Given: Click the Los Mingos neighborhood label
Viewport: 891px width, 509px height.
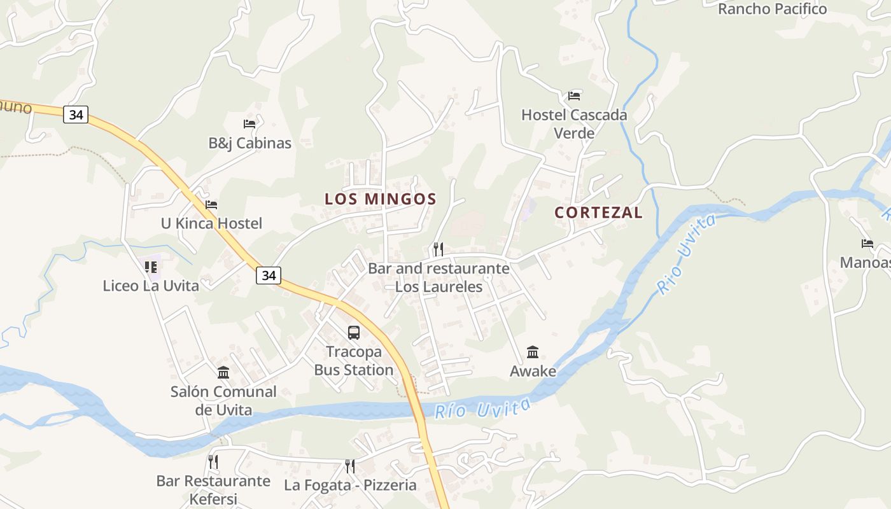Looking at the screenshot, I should coord(381,199).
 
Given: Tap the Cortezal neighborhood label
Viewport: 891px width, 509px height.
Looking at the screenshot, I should coord(598,213).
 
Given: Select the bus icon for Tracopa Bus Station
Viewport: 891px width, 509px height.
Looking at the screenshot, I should coord(354,332).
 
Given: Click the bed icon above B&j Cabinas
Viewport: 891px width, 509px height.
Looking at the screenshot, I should coord(249,124).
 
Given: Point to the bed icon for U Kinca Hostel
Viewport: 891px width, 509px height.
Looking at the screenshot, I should coord(211,205).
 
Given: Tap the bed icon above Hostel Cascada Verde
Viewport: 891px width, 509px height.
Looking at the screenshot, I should coord(574,96).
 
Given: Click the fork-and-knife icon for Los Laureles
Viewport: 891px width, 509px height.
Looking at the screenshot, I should coord(438,249).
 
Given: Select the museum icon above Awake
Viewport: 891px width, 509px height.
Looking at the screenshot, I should coord(533,352).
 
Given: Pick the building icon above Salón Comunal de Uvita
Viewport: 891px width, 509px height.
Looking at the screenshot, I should coord(223,372).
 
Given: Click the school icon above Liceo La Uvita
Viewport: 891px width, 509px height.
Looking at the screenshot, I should coord(151,267).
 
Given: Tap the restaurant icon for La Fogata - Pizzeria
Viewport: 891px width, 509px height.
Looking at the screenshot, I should coord(349,466).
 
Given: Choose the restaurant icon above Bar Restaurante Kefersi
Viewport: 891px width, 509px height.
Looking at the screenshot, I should coord(213,461).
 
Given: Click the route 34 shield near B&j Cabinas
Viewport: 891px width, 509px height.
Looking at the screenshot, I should coord(76,115).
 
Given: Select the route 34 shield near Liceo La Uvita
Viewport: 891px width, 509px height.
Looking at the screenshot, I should coord(269,275).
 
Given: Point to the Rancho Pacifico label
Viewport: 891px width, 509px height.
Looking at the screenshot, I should coord(772,9).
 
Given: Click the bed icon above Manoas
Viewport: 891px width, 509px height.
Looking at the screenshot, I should coord(867,243).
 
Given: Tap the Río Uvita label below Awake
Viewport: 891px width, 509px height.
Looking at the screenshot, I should coord(482,408).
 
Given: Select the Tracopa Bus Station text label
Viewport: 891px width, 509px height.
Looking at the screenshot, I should coord(354,361).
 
